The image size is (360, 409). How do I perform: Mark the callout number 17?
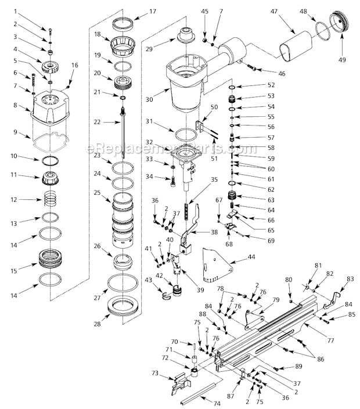pos(153,11)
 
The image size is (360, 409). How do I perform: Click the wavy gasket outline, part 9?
pos(52,141)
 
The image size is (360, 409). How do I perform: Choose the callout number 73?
pos(155,373)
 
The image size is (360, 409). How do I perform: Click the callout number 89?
pos(299,367)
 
